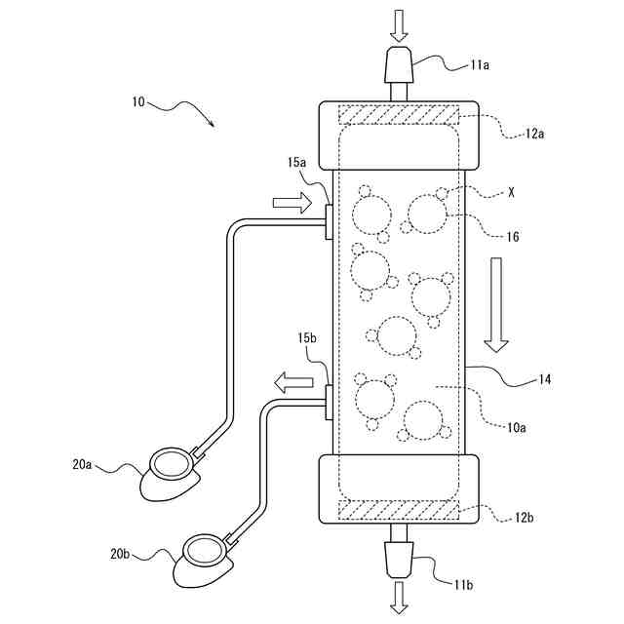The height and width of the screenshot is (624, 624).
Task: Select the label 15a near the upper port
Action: pyautogui.click(x=298, y=162)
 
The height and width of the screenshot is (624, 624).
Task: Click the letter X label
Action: pyautogui.click(x=510, y=193)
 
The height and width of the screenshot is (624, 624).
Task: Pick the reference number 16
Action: pyautogui.click(x=514, y=236)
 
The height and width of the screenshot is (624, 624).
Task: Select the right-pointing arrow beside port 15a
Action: pyautogui.click(x=291, y=203)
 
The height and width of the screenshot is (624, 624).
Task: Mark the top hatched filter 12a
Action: pyautogui.click(x=399, y=115)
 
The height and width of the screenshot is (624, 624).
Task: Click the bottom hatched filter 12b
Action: pyautogui.click(x=399, y=508)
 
